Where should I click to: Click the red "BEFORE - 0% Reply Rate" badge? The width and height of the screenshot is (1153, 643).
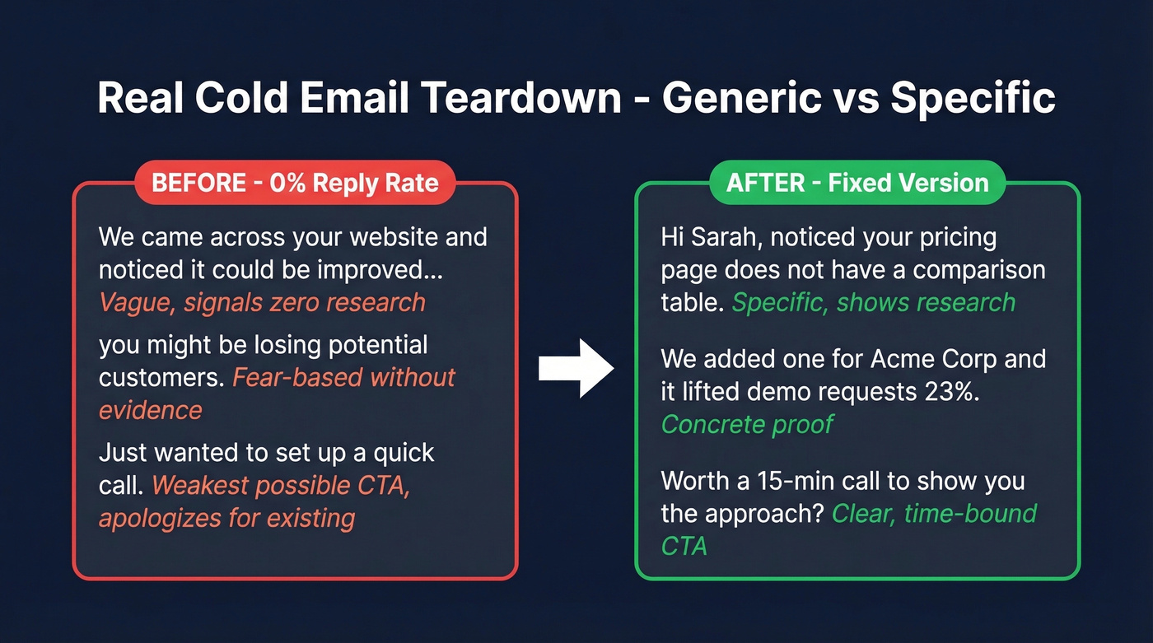[x=295, y=183]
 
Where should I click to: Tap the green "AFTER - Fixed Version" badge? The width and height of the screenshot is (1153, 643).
[x=857, y=183]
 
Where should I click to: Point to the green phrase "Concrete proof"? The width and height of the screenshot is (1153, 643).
[x=747, y=424]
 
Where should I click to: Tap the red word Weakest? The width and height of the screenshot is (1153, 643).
[x=200, y=485]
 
